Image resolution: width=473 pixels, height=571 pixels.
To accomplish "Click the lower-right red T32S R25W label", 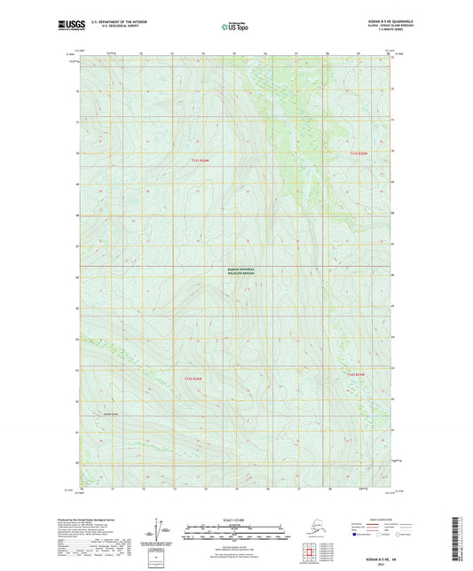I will coord(355,375).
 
